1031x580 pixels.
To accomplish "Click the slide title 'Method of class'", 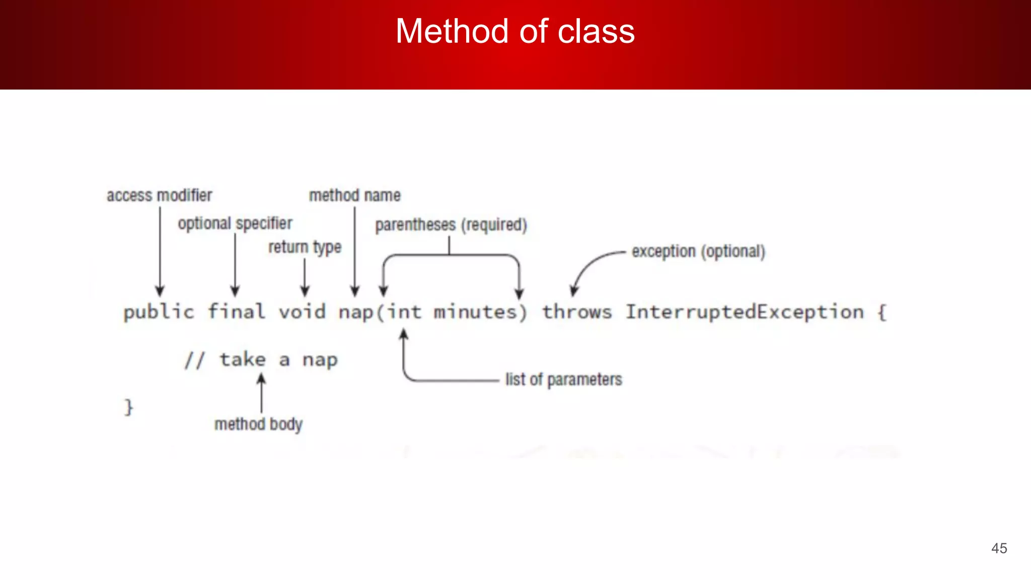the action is (515, 31).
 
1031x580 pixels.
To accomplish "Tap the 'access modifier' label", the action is (159, 195).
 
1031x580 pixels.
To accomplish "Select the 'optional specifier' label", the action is (235, 224).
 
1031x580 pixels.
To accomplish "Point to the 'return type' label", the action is (305, 248).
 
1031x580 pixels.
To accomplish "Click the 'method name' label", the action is (354, 195).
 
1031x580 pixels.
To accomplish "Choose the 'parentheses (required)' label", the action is (451, 225).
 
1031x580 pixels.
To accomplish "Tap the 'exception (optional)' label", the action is (698, 251).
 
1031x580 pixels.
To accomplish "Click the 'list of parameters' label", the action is (563, 380).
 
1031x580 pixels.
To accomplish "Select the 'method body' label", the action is (258, 424).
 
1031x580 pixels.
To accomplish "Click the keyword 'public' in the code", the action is (159, 313).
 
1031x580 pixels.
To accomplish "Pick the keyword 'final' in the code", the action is (236, 312).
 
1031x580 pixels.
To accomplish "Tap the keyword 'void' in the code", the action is (302, 312).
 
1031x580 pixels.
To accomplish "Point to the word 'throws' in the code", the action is (577, 312).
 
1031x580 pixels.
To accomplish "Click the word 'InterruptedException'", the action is (745, 312).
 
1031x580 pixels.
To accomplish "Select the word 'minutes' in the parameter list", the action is (475, 312).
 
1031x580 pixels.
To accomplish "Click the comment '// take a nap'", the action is (261, 360).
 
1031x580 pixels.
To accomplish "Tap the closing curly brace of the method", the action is (129, 407).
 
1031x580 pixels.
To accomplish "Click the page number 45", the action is (999, 548).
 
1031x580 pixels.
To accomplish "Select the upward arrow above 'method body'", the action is (261, 393).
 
